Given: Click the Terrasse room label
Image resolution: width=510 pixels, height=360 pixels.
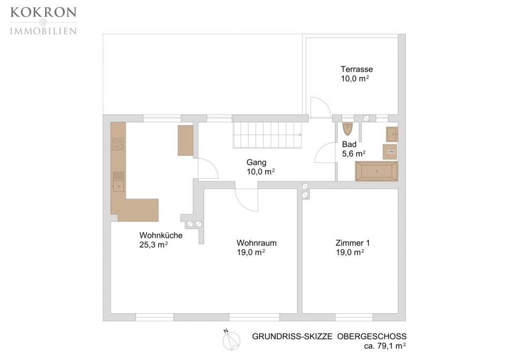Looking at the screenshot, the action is click(x=356, y=69).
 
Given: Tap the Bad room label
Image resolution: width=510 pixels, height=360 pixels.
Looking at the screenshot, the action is click(x=349, y=144).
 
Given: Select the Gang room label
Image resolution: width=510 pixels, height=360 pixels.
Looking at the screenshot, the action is click(x=256, y=163).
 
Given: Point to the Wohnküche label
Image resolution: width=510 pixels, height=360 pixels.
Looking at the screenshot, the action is click(x=161, y=235).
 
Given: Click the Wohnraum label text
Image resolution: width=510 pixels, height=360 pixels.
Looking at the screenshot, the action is click(x=257, y=243).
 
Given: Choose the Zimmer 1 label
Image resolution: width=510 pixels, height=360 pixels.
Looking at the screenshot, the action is click(x=353, y=243).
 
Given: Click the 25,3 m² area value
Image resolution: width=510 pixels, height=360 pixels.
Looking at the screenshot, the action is click(x=154, y=245).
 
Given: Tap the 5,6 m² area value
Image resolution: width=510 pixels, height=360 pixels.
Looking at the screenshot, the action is click(x=354, y=153).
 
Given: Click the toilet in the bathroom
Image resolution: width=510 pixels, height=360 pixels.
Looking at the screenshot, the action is click(x=347, y=129).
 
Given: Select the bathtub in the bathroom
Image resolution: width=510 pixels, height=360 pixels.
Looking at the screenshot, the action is click(x=376, y=171).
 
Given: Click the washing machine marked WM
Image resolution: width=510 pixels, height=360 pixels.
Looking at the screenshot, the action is click(x=390, y=152).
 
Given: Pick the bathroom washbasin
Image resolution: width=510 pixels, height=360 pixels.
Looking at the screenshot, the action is click(x=392, y=134).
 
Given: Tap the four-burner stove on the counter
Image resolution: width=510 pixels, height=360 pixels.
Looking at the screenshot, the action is click(x=118, y=144).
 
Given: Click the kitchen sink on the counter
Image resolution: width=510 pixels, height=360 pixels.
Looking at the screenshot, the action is click(x=118, y=182).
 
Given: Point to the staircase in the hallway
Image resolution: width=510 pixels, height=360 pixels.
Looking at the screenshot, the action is click(x=267, y=135).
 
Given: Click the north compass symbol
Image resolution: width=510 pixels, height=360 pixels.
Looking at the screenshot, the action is click(x=231, y=340).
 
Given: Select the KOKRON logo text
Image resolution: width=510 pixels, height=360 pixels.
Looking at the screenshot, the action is click(x=43, y=12).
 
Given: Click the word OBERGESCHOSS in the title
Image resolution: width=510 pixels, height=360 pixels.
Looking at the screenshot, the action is click(x=372, y=336).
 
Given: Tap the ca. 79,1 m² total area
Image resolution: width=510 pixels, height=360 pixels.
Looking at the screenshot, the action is click(x=385, y=346).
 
